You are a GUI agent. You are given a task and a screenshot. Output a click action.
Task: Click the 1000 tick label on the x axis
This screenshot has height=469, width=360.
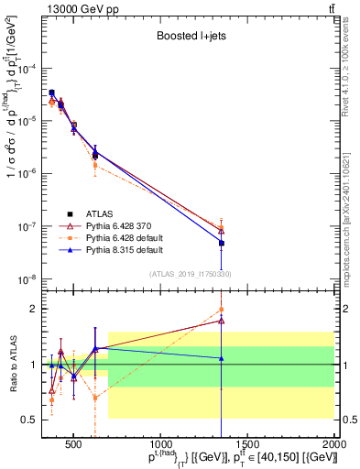tap(161, 442)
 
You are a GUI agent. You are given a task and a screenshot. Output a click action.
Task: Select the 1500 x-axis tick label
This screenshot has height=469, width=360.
tap(248, 442)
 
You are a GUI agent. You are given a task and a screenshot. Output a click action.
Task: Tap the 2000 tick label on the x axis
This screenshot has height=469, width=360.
tap(333, 442)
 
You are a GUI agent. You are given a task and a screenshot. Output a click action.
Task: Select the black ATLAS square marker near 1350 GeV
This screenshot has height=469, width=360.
tap(222, 243)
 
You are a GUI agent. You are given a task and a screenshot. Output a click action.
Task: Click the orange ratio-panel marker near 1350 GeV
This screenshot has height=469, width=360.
tap(222, 310)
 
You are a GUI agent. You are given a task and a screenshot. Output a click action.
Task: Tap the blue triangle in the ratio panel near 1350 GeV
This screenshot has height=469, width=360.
tap(222, 358)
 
